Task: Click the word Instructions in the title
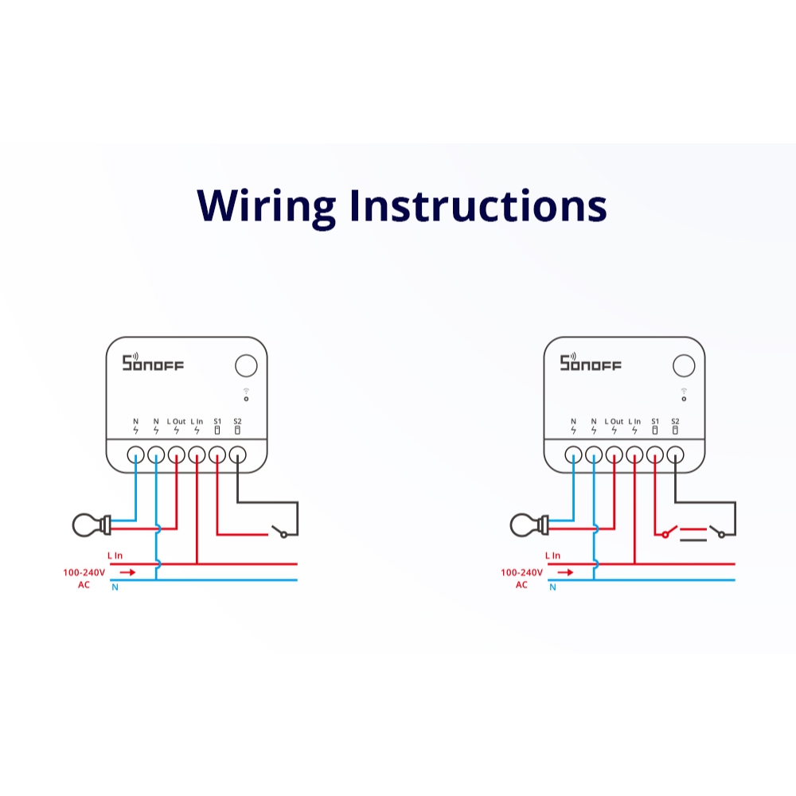tap(478, 205)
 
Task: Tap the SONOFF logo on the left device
tap(153, 362)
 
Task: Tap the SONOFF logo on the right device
tap(591, 362)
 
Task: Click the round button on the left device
tap(246, 365)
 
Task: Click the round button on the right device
tap(684, 365)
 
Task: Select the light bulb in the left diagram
tap(92, 525)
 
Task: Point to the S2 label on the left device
tap(237, 421)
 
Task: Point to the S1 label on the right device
tap(655, 421)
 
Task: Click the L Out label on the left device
tap(176, 421)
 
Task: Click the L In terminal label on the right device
tap(634, 421)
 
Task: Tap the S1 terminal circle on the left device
tap(217, 455)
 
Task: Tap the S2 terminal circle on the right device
tap(675, 455)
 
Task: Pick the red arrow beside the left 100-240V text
tap(127, 572)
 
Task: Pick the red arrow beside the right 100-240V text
tap(565, 572)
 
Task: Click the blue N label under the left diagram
tap(115, 587)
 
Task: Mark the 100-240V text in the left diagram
tap(84, 572)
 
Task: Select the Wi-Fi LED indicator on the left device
tap(246, 395)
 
